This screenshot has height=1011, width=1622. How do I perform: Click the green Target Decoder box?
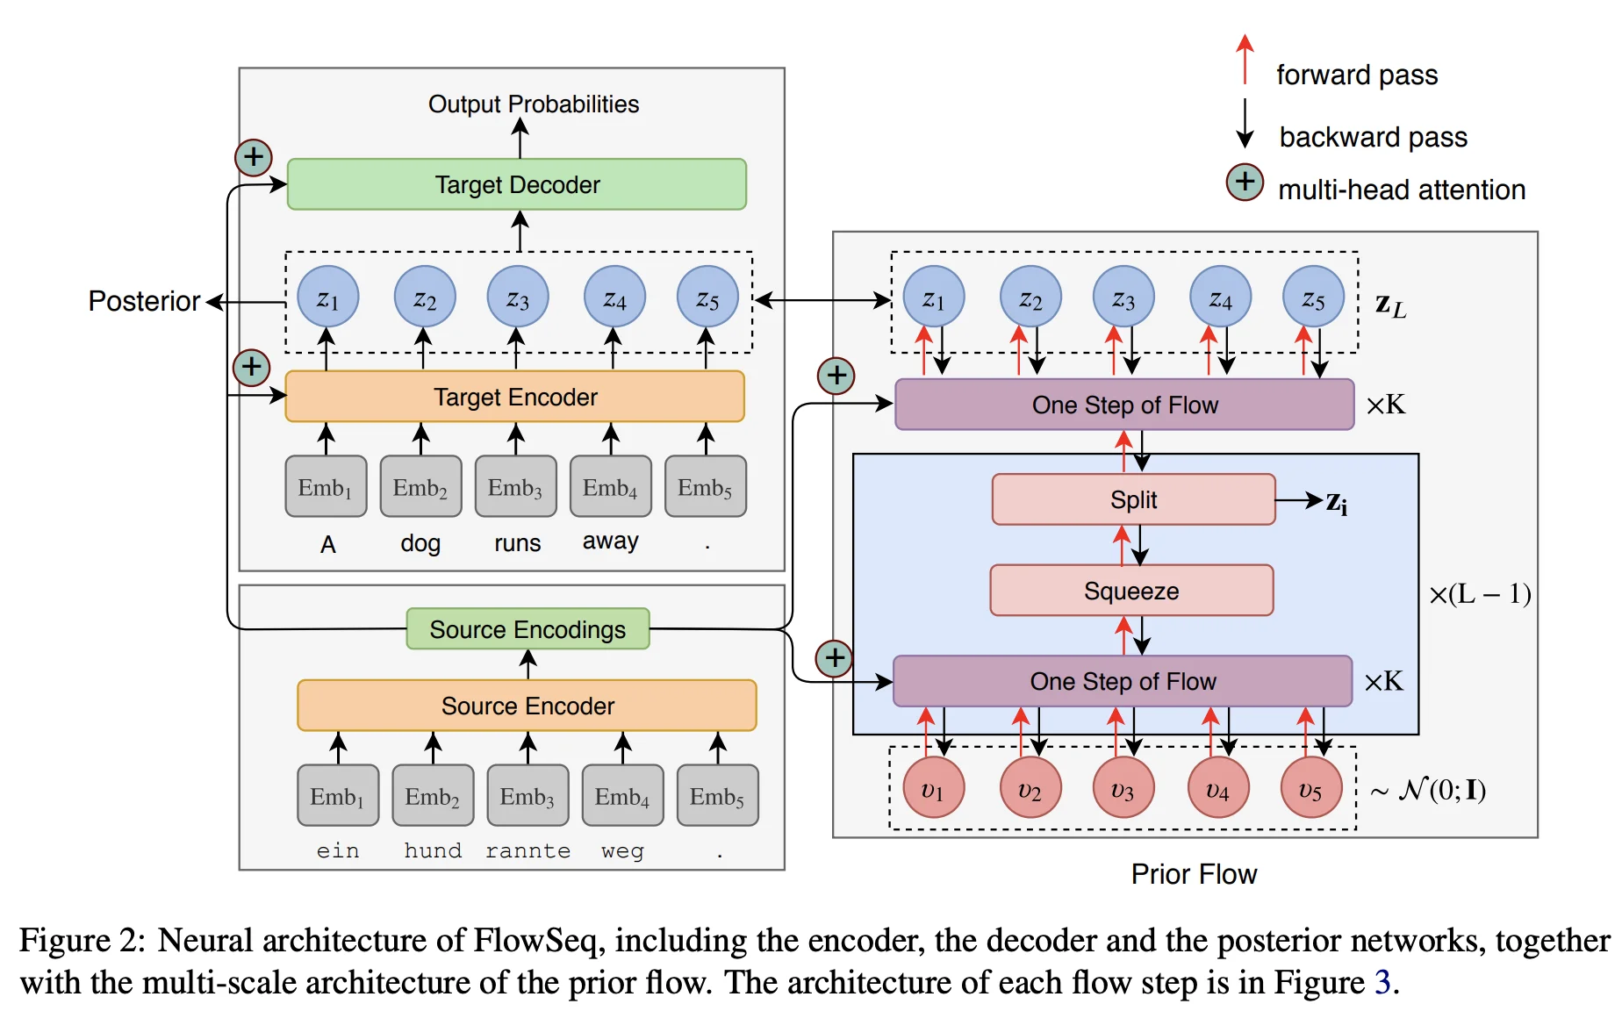click(x=517, y=184)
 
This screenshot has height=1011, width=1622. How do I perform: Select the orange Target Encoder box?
click(x=515, y=397)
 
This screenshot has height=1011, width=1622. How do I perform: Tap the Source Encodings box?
click(x=528, y=629)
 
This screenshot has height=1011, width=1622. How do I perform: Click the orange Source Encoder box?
click(x=527, y=706)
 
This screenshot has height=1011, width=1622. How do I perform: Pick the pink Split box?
click(x=1133, y=499)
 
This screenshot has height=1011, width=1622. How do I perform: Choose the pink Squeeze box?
click(x=1131, y=591)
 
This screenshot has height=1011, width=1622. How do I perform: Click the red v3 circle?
click(x=1123, y=789)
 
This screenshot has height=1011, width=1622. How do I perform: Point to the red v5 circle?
click(x=1310, y=789)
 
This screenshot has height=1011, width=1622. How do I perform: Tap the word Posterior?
click(x=144, y=301)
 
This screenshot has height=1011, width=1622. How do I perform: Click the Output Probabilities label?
click(x=533, y=104)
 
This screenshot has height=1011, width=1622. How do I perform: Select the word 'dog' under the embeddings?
click(x=420, y=543)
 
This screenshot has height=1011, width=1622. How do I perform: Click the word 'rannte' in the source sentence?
click(x=528, y=850)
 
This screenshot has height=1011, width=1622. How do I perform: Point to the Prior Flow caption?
click(x=1194, y=874)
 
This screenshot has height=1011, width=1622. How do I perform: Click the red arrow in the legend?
click(x=1245, y=60)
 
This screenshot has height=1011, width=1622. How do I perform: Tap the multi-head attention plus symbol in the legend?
click(x=1245, y=183)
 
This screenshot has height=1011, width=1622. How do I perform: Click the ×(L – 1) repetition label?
click(x=1480, y=594)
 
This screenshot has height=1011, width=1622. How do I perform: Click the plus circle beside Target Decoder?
click(x=254, y=158)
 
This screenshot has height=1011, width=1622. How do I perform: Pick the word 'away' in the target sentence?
click(x=610, y=541)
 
